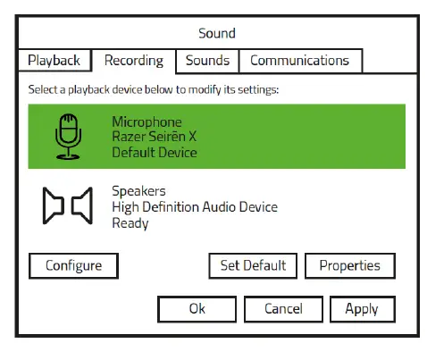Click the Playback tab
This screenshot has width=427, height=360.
(54, 61)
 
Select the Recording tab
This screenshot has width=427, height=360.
(134, 61)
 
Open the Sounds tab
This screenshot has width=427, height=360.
(208, 61)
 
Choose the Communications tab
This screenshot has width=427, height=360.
(299, 61)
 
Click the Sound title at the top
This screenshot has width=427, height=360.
(216, 34)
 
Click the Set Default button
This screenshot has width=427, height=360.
(253, 265)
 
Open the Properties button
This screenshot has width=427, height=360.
(349, 265)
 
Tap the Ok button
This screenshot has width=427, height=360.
(197, 309)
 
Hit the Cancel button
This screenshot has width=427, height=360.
(283, 309)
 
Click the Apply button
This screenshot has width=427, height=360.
(362, 309)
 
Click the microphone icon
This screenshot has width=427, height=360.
(68, 136)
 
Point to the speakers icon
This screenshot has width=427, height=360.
(68, 206)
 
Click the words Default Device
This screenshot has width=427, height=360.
(155, 152)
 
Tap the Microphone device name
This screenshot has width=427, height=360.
(147, 121)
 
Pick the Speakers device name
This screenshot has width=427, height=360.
(138, 191)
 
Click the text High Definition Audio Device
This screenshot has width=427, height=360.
(195, 206)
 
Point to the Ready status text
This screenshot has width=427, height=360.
(130, 222)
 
